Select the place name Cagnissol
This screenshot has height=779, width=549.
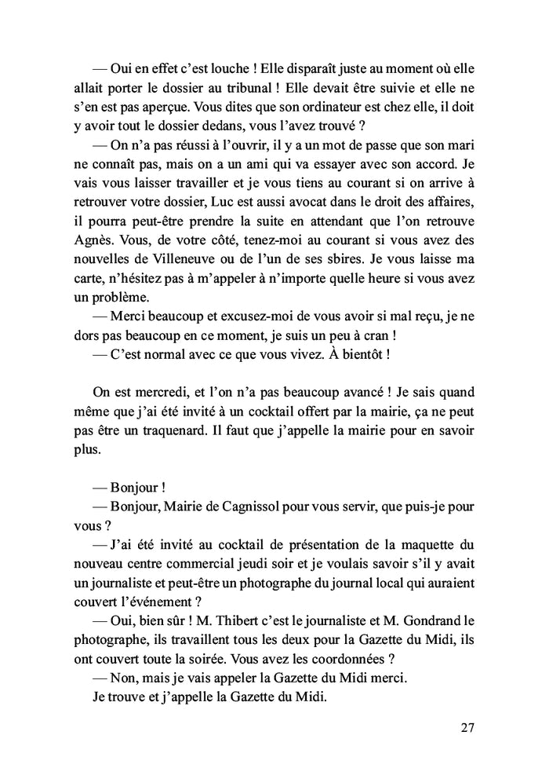coord(260,506)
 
